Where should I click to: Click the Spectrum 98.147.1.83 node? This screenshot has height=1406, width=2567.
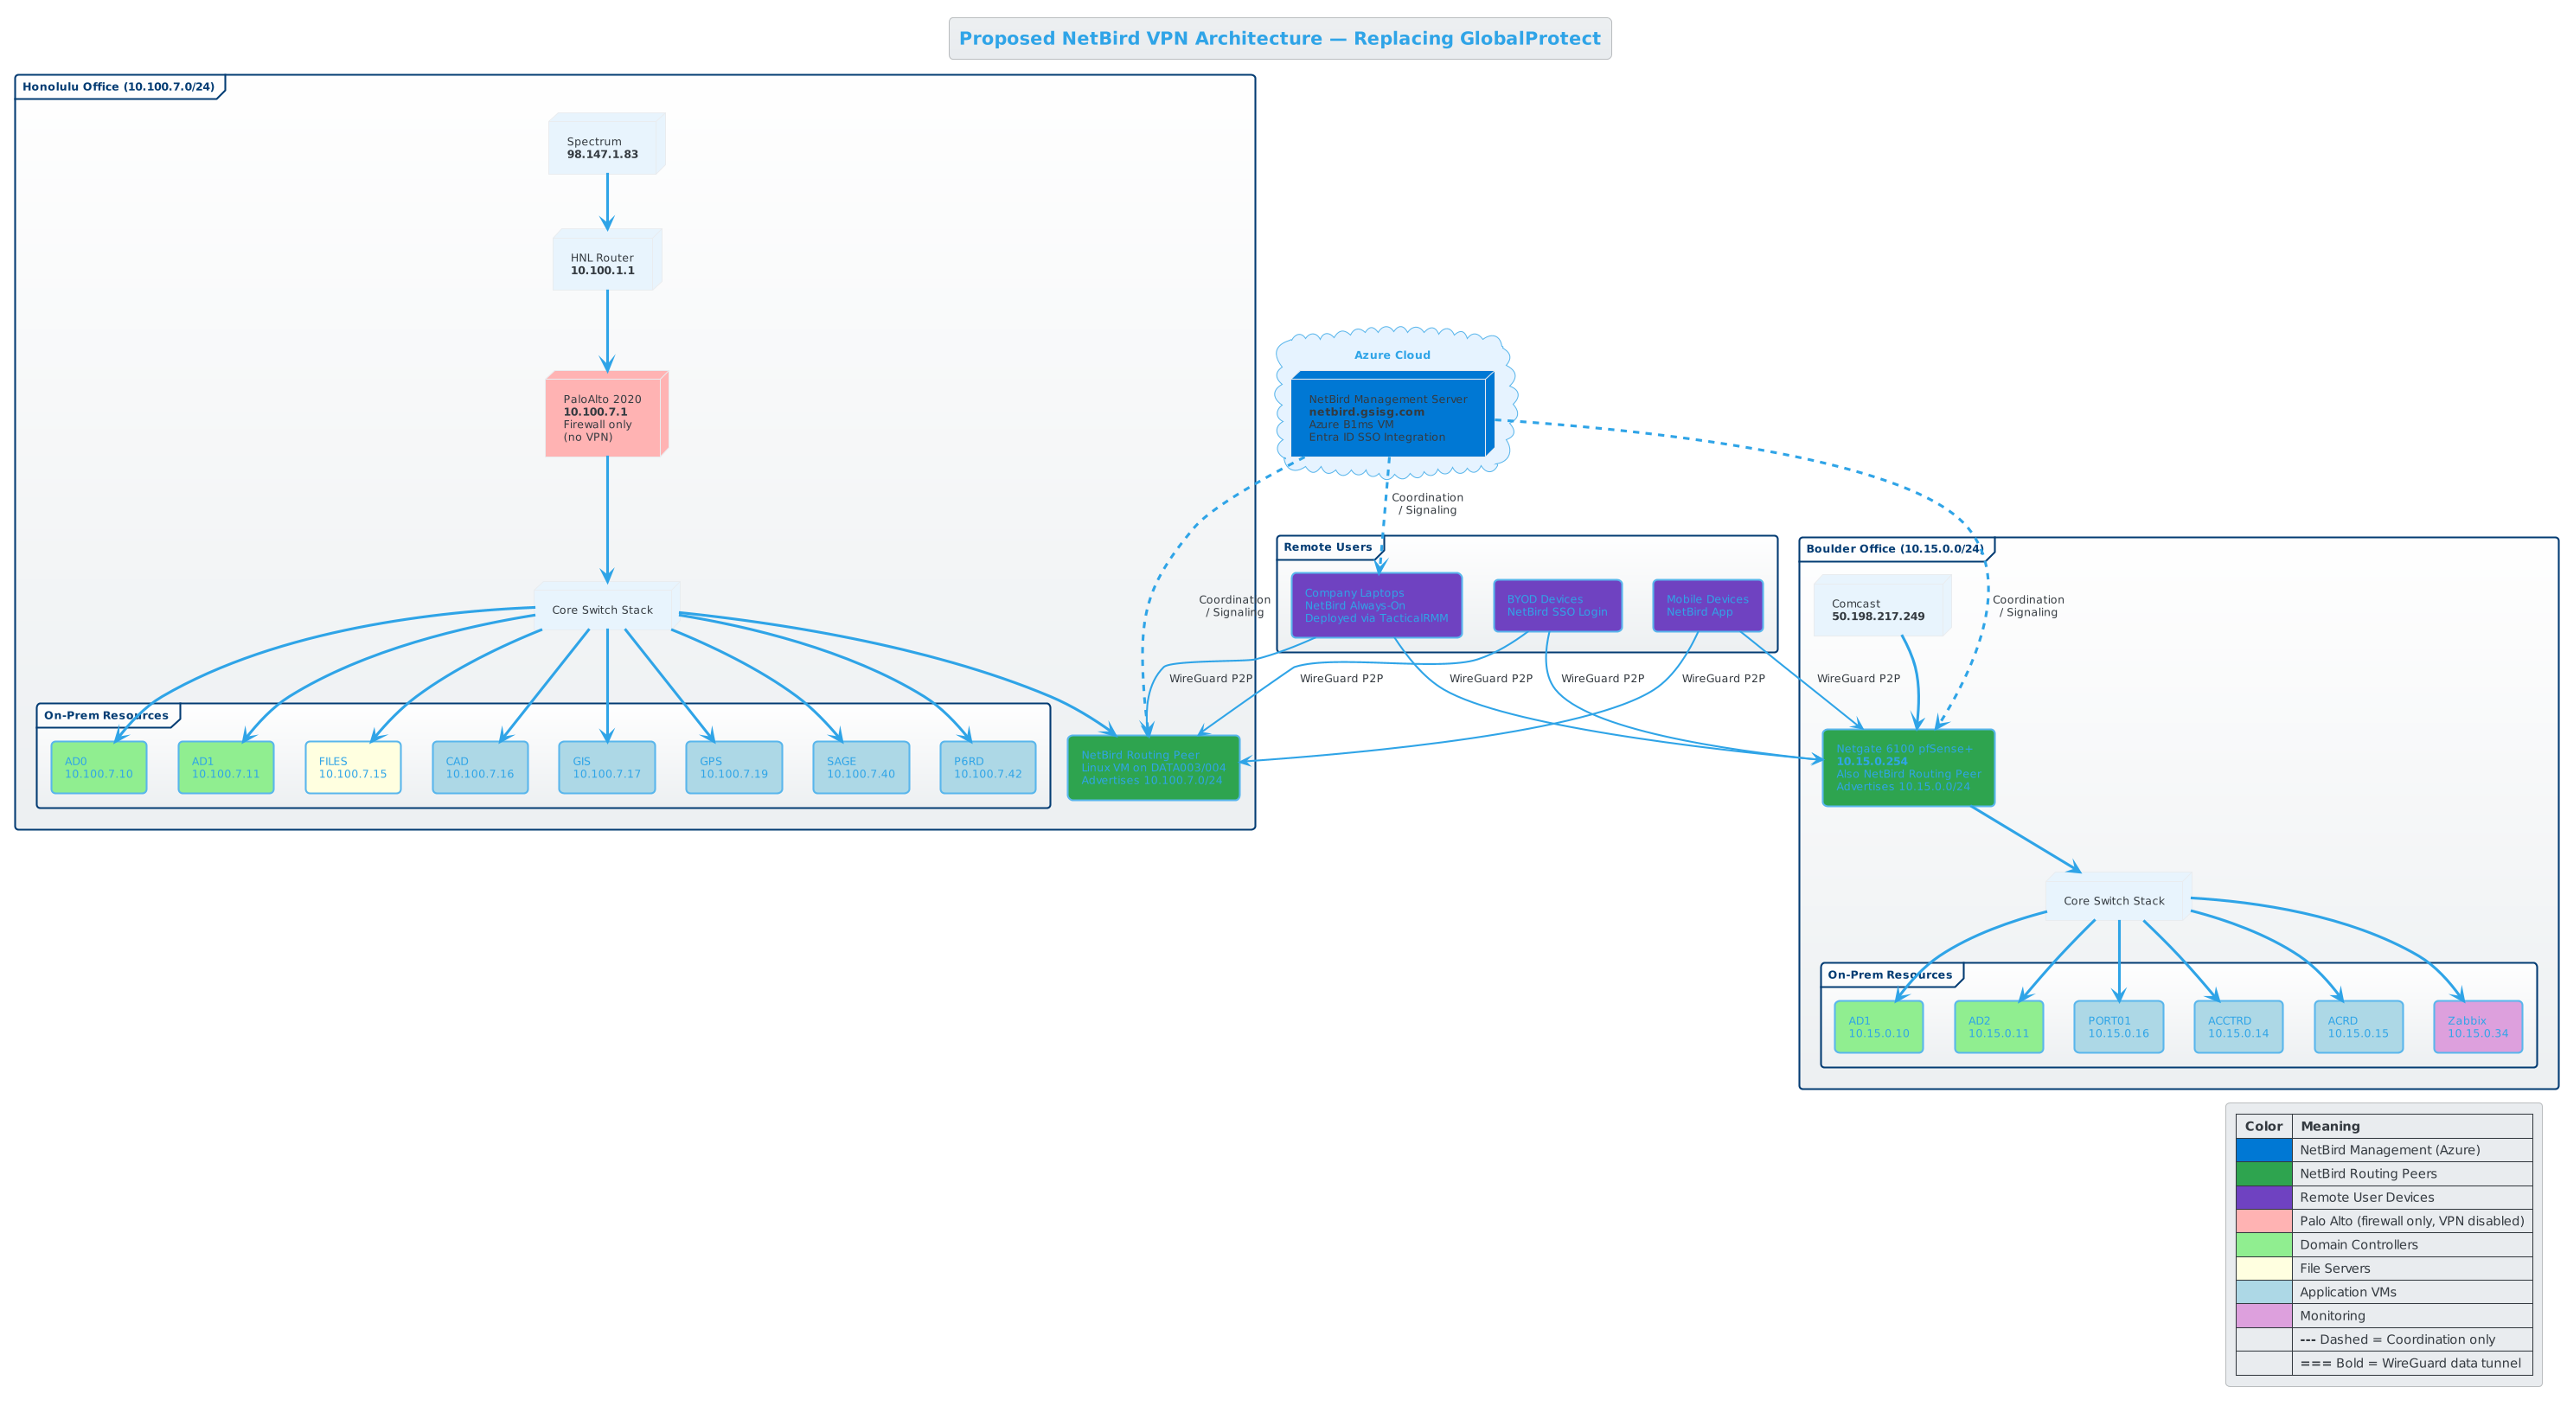[605, 145]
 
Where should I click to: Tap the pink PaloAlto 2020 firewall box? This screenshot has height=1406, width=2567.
[605, 417]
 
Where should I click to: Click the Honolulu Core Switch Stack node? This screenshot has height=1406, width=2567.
[605, 609]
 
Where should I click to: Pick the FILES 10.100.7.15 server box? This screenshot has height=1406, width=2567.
[353, 767]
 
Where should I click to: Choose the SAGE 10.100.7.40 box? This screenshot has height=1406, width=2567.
[861, 767]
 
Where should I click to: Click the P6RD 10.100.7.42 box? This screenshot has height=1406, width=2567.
[988, 767]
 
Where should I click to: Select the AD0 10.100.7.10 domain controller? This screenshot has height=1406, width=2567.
[99, 767]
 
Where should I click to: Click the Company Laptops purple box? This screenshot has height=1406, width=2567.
[1376, 604]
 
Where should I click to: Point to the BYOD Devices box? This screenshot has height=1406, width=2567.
[1557, 604]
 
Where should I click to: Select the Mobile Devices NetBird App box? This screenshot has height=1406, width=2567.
[1707, 604]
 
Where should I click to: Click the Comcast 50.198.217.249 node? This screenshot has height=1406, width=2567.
[1879, 608]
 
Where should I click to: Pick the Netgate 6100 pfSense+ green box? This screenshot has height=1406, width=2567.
[1907, 767]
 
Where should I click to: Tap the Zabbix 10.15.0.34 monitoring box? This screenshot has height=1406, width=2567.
[2477, 1026]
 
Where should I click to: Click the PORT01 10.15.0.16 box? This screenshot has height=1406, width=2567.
[2117, 1026]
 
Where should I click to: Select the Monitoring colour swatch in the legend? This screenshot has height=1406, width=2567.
[2263, 1315]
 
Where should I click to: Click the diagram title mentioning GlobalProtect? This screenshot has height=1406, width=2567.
[1279, 39]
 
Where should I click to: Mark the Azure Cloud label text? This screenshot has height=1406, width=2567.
[1391, 355]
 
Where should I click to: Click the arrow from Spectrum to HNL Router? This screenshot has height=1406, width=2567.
[607, 202]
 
